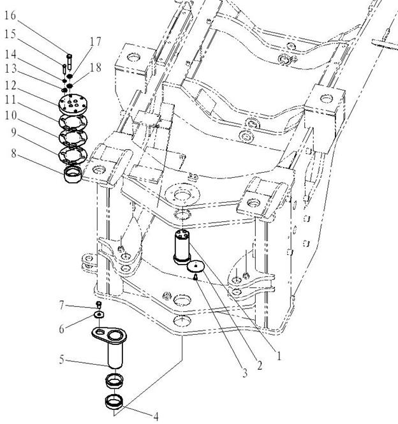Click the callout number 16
click(10, 16)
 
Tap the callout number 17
click(95, 41)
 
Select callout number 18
click(96, 68)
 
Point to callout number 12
click(11, 85)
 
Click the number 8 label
click(14, 154)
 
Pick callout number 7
click(62, 305)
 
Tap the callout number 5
click(62, 360)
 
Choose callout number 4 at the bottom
click(156, 417)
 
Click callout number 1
click(279, 356)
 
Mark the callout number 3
click(245, 374)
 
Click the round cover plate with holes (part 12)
click(72, 104)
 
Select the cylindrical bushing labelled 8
click(73, 175)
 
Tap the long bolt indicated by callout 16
click(70, 62)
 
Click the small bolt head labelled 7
click(99, 305)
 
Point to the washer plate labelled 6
click(99, 314)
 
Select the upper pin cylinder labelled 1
click(182, 247)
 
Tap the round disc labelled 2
click(195, 267)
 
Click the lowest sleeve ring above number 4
click(114, 402)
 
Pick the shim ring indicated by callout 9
click(73, 156)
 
